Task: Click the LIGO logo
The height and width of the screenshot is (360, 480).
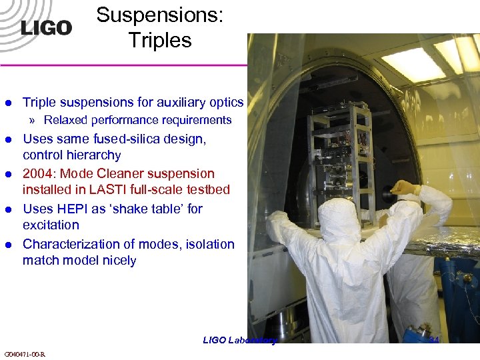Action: tap(45, 27)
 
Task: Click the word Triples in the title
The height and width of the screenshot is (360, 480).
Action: tap(160, 40)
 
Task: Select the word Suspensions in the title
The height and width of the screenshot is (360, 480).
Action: tap(160, 15)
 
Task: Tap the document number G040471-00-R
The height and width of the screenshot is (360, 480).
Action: tap(25, 353)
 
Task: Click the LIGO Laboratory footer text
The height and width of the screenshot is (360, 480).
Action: tap(239, 340)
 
